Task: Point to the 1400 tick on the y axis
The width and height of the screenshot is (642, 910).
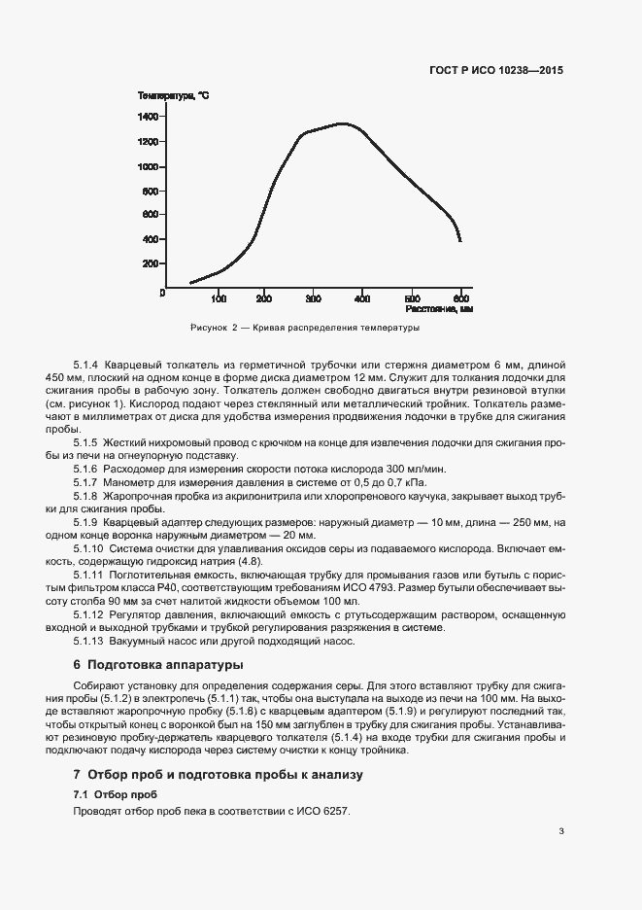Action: click(148, 117)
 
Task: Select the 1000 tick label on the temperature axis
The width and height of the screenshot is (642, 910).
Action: click(148, 166)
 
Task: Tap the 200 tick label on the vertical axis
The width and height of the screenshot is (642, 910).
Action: click(150, 263)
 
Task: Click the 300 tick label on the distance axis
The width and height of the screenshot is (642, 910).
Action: click(313, 298)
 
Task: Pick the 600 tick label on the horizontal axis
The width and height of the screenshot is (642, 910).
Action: click(462, 298)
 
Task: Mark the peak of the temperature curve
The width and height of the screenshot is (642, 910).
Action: click(342, 123)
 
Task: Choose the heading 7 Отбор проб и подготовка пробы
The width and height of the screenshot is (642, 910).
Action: click(218, 775)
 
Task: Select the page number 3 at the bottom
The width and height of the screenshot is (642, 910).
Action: click(560, 830)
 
